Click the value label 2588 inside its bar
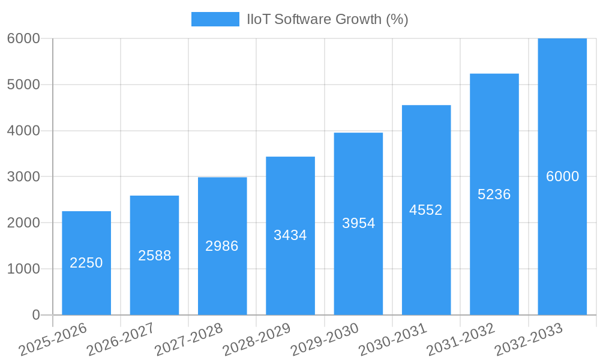click(x=154, y=256)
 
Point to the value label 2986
click(x=222, y=246)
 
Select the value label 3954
click(x=358, y=223)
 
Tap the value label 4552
click(x=426, y=210)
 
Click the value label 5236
click(x=494, y=194)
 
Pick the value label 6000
click(x=562, y=176)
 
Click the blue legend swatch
click(x=215, y=19)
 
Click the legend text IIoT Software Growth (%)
click(x=328, y=19)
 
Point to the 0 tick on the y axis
click(x=35, y=315)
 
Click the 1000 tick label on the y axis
click(x=23, y=269)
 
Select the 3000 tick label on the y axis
click(x=23, y=177)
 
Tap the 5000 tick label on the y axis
click(x=23, y=85)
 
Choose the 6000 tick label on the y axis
click(x=23, y=38)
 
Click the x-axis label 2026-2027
click(x=120, y=340)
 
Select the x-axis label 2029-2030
click(x=324, y=340)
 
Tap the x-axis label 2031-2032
click(x=460, y=340)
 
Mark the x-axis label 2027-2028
click(x=188, y=340)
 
